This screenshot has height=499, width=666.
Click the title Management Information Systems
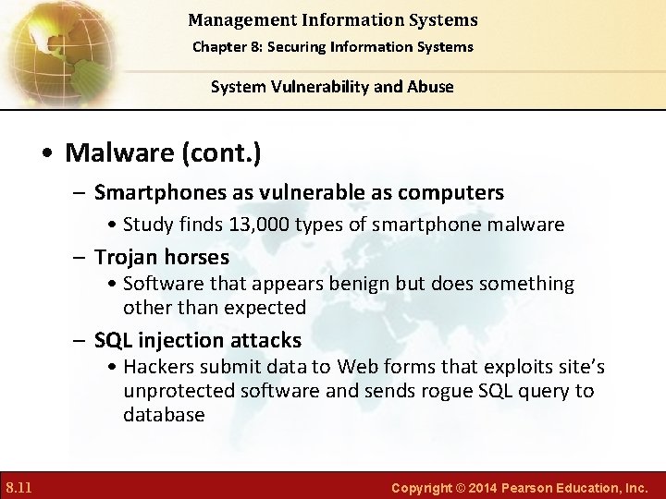[x=332, y=19]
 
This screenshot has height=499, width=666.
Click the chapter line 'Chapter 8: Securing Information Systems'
[x=332, y=46]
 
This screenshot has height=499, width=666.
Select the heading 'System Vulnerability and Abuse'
[x=332, y=87]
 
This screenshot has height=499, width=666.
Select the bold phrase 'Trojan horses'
[x=162, y=257]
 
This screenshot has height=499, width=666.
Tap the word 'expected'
[x=266, y=307]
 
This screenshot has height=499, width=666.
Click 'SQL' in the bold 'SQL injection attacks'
[x=113, y=340]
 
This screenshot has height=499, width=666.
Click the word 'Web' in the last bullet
[x=358, y=367]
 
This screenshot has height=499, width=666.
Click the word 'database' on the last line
[x=164, y=415]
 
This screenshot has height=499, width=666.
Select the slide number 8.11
[x=19, y=486]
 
